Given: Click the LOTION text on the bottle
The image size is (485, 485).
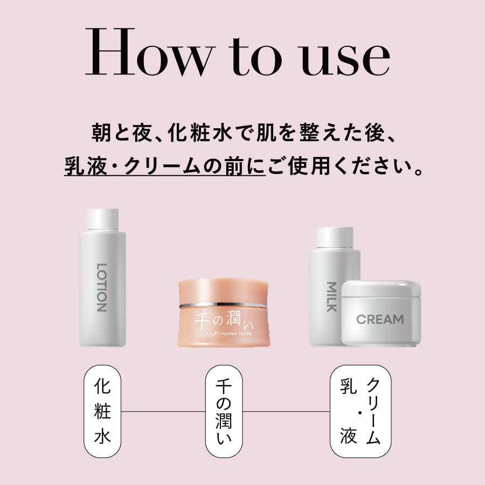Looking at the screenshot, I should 101,287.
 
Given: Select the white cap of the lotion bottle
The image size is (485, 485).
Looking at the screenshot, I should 102,219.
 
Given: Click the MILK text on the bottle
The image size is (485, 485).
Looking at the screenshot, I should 331,297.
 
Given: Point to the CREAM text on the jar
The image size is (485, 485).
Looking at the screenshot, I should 380,319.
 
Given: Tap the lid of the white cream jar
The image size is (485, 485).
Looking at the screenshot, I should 382,290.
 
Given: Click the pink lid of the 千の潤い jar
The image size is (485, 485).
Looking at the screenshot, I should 222,292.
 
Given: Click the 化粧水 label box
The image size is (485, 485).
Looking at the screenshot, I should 102,411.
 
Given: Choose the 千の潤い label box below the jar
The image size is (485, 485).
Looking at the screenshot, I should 224,411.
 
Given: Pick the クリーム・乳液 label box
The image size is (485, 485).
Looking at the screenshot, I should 360,411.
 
